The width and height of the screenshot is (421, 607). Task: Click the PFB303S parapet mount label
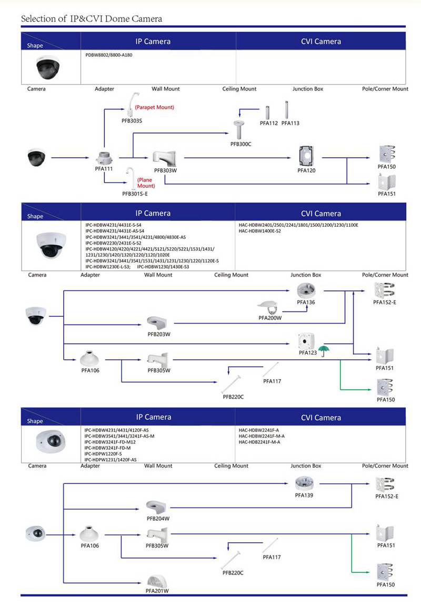click(x=132, y=120)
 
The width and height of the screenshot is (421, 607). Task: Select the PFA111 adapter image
click(x=104, y=157)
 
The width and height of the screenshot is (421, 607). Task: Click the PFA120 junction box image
click(x=306, y=156)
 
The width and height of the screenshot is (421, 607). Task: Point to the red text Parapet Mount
click(x=154, y=107)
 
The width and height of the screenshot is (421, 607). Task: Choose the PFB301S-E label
click(x=135, y=194)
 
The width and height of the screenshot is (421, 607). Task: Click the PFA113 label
click(x=290, y=123)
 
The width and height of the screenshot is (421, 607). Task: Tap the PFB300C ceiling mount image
click(x=241, y=129)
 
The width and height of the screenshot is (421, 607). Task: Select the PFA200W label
click(x=270, y=318)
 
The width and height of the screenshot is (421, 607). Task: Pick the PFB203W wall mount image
click(x=158, y=322)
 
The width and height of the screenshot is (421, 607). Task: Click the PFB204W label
click(x=158, y=518)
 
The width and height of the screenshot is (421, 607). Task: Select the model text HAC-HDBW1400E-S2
click(x=259, y=231)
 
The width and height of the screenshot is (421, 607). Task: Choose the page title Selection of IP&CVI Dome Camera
click(x=92, y=19)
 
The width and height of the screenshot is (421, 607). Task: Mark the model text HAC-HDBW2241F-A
click(x=258, y=430)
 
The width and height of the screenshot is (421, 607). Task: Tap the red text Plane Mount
click(x=146, y=183)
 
